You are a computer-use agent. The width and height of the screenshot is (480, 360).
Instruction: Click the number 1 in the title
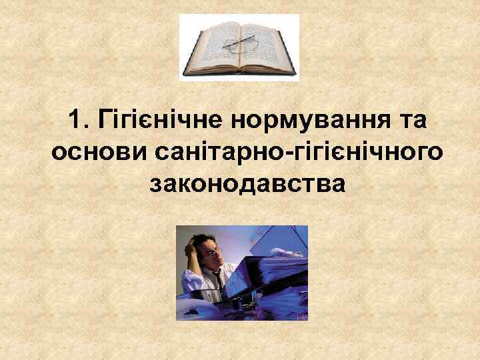pyautogui.click(x=74, y=121)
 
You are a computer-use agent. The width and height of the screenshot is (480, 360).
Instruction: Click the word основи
pyautogui.click(x=99, y=151)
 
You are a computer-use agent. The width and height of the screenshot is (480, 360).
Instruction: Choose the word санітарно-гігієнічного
pyautogui.click(x=297, y=151)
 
